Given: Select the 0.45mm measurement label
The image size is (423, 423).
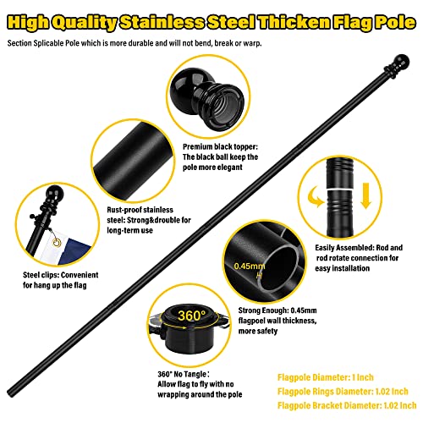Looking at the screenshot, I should coord(242,265).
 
